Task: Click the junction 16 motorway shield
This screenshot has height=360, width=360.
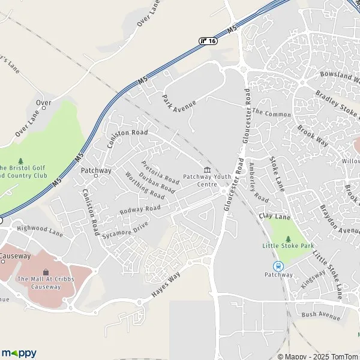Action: tap(208, 40)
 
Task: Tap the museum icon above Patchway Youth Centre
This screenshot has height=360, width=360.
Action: tap(207, 169)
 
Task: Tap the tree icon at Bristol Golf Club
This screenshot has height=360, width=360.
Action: tap(21, 161)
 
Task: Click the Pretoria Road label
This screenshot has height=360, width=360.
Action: tap(160, 172)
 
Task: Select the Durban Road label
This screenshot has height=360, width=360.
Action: tap(157, 182)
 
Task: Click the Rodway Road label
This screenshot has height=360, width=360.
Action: tap(140, 209)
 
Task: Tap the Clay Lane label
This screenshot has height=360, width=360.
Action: tap(274, 215)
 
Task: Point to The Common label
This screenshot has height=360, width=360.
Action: tap(271, 113)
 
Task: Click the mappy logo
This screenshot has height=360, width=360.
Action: tap(19, 353)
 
